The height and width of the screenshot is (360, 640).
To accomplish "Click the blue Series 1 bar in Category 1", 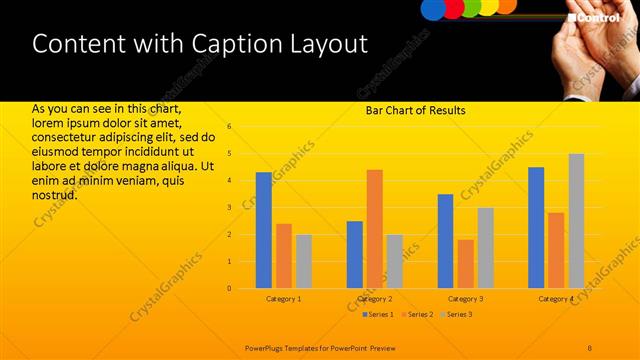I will point(264,230).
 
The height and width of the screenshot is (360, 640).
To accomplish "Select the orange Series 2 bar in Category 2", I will point(375,229).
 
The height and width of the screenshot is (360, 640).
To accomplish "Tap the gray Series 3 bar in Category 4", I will point(576,221).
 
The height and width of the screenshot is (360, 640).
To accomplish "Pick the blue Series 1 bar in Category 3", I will point(445,241).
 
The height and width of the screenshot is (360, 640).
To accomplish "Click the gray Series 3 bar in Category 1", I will point(304,261).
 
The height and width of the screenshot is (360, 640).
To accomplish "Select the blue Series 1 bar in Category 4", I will point(536,227).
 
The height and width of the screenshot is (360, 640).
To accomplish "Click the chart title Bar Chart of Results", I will point(415,110).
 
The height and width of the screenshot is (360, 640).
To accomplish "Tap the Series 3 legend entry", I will point(456,315).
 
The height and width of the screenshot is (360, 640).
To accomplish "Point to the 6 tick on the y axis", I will point(229,127).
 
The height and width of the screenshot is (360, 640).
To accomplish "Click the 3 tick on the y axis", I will point(229,208).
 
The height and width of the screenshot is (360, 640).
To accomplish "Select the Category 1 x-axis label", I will point(284,299).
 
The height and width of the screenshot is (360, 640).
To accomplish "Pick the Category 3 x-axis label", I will point(465,299).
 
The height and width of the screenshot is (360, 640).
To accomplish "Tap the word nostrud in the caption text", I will point(54,194).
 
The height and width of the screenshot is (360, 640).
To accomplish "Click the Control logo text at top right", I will point(597,17).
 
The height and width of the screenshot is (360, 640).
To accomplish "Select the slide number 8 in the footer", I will point(590,347).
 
